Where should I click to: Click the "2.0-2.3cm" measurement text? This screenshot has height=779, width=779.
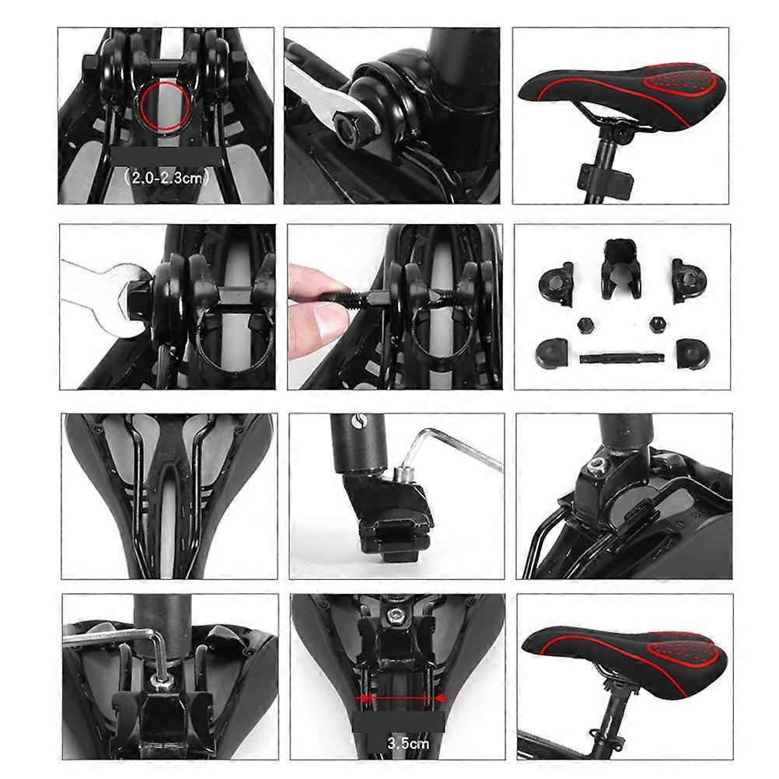[x=166, y=178]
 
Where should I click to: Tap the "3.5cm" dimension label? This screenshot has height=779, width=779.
[x=397, y=742]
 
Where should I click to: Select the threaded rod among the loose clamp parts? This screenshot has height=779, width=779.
[x=621, y=358]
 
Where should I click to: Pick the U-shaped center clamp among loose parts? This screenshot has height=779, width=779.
[x=621, y=267]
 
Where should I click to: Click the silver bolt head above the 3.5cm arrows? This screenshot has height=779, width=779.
[x=397, y=616]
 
